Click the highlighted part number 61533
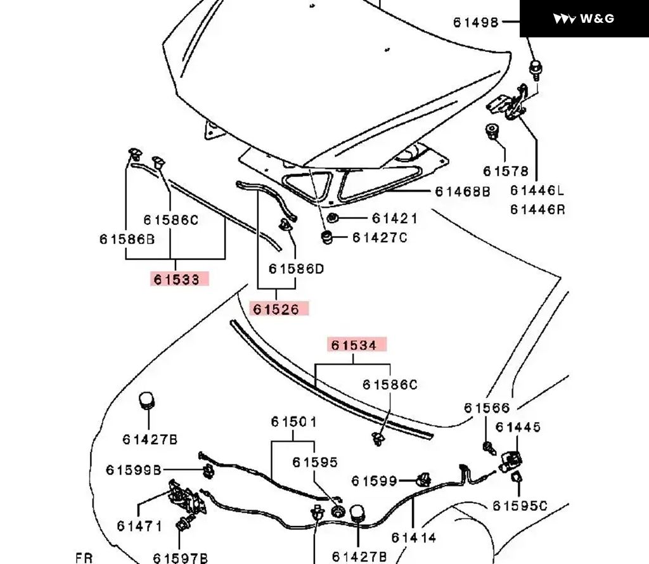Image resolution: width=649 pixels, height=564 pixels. (179, 279)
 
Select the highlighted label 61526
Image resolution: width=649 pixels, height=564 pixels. (280, 309)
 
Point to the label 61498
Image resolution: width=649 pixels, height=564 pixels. (475, 22)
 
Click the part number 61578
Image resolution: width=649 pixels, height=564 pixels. (505, 171)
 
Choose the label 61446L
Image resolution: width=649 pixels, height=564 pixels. (537, 191)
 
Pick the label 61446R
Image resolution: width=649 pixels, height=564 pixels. (537, 208)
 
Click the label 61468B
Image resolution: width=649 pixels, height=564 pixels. (462, 191)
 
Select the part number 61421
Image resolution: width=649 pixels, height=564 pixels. (394, 219)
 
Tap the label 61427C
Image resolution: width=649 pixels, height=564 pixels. (380, 238)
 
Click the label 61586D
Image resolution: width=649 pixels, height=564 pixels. (296, 269)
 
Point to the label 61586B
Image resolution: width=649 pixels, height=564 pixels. (127, 239)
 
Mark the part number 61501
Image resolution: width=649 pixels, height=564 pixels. (294, 421)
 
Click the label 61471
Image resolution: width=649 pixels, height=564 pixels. (139, 525)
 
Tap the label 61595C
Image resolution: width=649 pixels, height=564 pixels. (520, 505)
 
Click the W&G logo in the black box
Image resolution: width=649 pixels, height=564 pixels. (584, 18)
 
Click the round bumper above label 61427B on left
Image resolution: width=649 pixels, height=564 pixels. (147, 401)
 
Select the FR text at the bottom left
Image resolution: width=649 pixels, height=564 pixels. (84, 558)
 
